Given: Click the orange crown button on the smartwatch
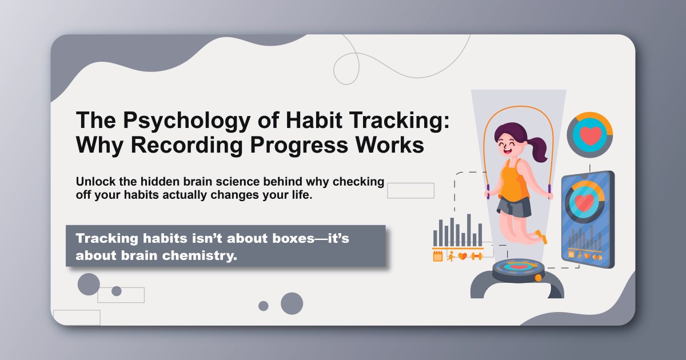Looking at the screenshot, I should (538, 278).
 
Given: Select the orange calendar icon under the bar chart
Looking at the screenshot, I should (438, 256).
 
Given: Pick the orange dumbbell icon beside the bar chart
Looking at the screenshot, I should (476, 256).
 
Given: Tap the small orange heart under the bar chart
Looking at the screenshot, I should (462, 256).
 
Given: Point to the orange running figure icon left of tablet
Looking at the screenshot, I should (450, 256).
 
